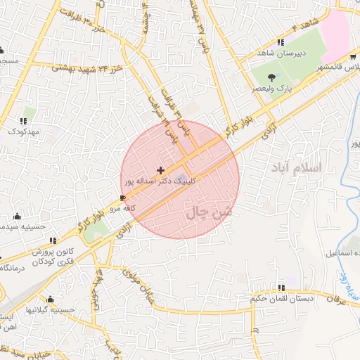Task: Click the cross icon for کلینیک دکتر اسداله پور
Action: (x=161, y=170)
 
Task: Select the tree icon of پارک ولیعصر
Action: (x=272, y=79)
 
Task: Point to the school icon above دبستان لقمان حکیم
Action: (x=282, y=288)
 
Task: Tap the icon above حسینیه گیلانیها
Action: (x=49, y=299)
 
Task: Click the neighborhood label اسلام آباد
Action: (x=295, y=168)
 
